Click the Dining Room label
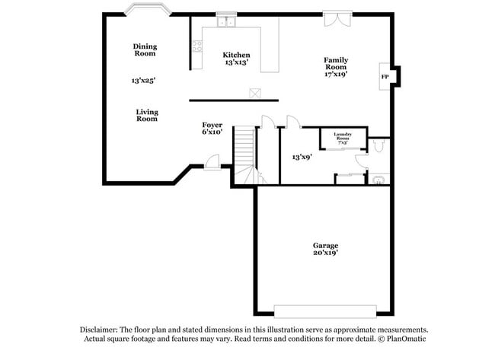pyautogui.click(x=145, y=49)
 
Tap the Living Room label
pyautogui.click(x=147, y=115)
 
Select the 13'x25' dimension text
pyautogui.click(x=143, y=80)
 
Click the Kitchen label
pyautogui.click(x=236, y=55)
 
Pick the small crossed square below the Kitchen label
pyautogui.click(x=256, y=93)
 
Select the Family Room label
pyautogui.click(x=336, y=67)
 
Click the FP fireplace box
pyautogui.click(x=385, y=77)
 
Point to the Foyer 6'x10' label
pyautogui.click(x=212, y=128)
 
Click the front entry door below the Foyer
pyautogui.click(x=212, y=161)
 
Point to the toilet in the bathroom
pyautogui.click(x=379, y=180)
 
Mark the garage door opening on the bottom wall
pyautogui.click(x=325, y=312)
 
